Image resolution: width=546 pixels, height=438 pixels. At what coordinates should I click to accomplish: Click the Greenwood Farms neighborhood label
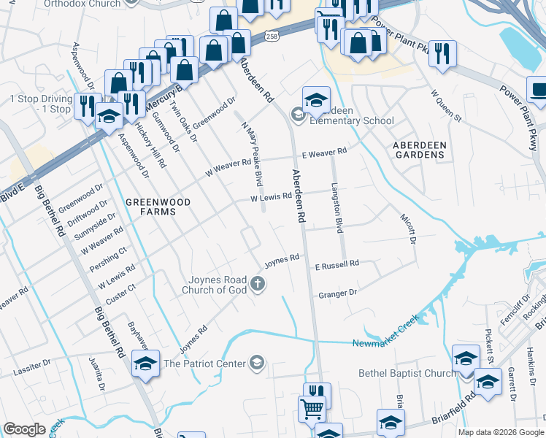158,207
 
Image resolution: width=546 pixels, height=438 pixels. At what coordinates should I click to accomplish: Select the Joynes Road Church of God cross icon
257,283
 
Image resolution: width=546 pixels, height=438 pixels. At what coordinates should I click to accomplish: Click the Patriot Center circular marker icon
256,362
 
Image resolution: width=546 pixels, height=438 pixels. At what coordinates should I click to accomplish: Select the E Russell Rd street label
337,264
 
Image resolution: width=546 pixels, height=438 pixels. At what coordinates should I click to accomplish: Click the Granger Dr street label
337,293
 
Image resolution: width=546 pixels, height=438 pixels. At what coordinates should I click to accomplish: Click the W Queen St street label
447,107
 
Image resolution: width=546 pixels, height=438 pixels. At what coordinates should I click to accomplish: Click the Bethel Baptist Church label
407,373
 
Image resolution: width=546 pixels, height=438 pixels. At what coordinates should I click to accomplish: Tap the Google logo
24,429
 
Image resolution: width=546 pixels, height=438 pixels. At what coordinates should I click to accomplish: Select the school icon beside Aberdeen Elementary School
316,101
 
